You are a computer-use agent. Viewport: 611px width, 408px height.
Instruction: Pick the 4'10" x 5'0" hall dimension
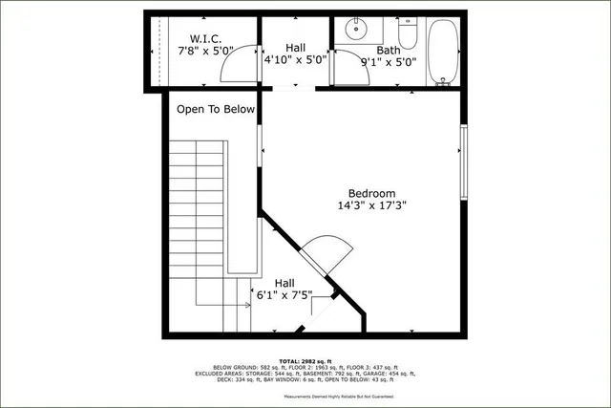295,58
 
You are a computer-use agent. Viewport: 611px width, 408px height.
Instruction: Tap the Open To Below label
216,109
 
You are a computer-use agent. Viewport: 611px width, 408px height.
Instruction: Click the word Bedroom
371,193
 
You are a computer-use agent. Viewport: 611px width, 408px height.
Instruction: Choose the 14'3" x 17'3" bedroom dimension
371,206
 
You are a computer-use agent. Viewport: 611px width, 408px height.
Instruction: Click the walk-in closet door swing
239,65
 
